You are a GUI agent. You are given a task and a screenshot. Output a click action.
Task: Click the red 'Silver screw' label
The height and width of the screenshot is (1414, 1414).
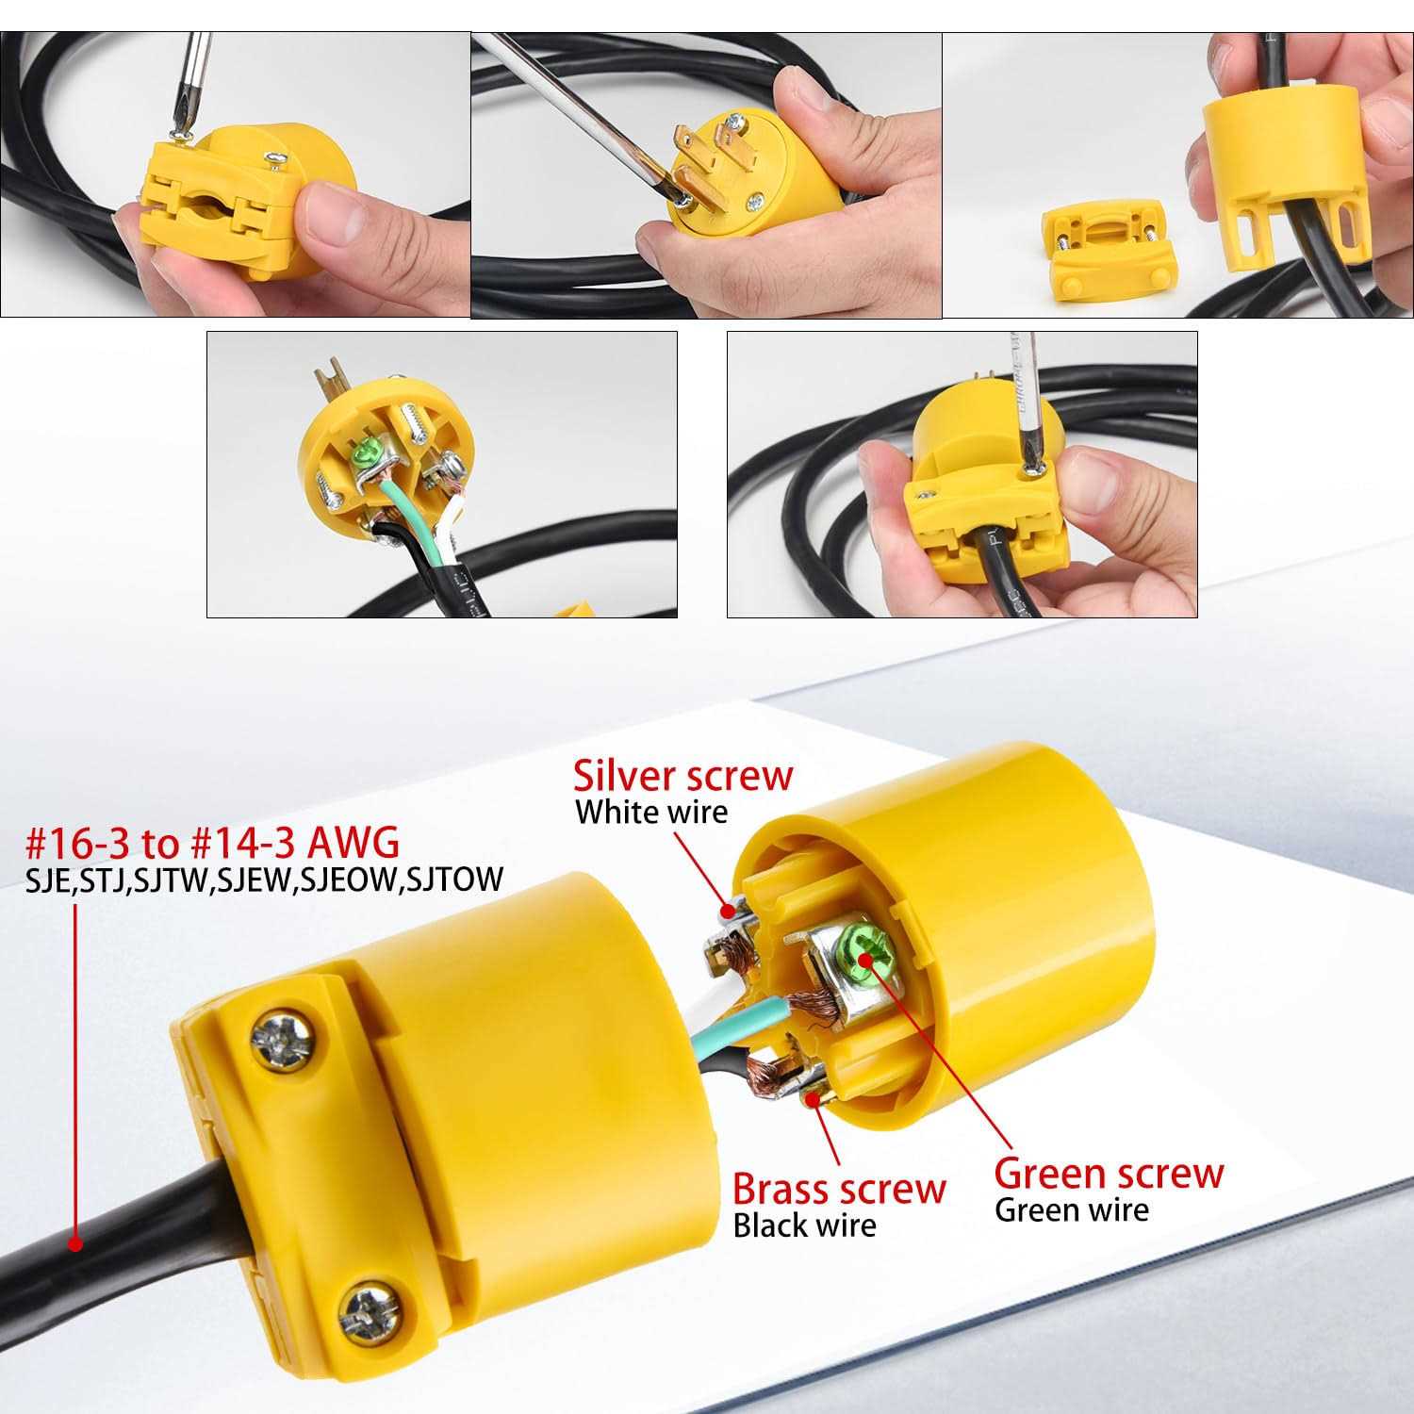click(683, 776)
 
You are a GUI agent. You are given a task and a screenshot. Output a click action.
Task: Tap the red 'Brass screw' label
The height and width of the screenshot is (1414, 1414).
click(838, 1189)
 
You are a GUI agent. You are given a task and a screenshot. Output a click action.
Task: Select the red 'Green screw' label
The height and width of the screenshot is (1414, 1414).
click(1109, 1174)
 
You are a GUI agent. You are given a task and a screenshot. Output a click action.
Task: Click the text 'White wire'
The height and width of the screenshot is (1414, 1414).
click(651, 813)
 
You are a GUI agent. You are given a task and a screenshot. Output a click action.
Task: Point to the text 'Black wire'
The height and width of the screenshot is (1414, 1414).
click(804, 1225)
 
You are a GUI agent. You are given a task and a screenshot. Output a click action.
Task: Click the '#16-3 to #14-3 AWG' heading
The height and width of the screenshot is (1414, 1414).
click(213, 841)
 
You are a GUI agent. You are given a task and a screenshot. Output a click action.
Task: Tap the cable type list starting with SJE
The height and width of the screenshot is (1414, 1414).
click(264, 880)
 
